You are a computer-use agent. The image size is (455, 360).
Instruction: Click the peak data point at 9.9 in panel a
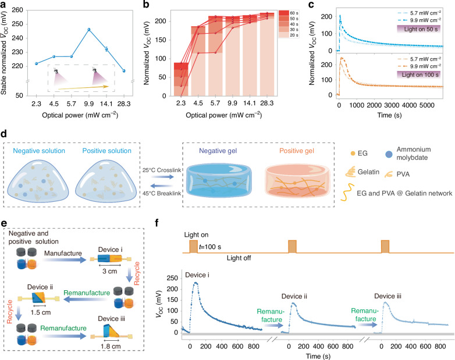click(89, 29)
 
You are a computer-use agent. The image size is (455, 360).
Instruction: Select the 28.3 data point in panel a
click(124, 71)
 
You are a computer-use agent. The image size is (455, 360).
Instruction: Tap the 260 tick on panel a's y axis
click(17, 10)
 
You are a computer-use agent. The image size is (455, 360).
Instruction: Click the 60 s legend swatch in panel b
click(284, 13)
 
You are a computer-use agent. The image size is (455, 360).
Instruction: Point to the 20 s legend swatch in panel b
click(284, 35)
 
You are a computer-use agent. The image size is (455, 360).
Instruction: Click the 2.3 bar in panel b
click(181, 79)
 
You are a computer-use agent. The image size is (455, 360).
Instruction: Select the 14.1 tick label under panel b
click(250, 104)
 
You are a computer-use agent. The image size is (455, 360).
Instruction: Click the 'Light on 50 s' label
click(419, 29)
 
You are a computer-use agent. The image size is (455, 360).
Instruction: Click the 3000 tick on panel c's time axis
click(392, 105)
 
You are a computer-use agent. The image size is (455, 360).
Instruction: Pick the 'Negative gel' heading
click(218, 151)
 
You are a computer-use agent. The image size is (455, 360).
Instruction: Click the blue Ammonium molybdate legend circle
click(389, 154)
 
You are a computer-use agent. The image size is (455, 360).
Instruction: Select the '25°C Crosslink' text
click(162, 170)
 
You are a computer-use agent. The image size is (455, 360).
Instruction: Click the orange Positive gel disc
click(297, 180)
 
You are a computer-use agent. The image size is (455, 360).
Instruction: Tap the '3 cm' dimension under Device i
click(110, 271)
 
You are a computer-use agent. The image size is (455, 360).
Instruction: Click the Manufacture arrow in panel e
click(64, 260)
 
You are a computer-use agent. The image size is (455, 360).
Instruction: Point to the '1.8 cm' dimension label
click(111, 347)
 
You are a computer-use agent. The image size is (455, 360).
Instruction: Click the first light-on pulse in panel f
click(193, 247)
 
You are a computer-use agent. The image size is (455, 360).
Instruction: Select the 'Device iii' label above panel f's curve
click(388, 296)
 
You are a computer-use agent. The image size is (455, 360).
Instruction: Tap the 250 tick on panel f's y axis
click(172, 278)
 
